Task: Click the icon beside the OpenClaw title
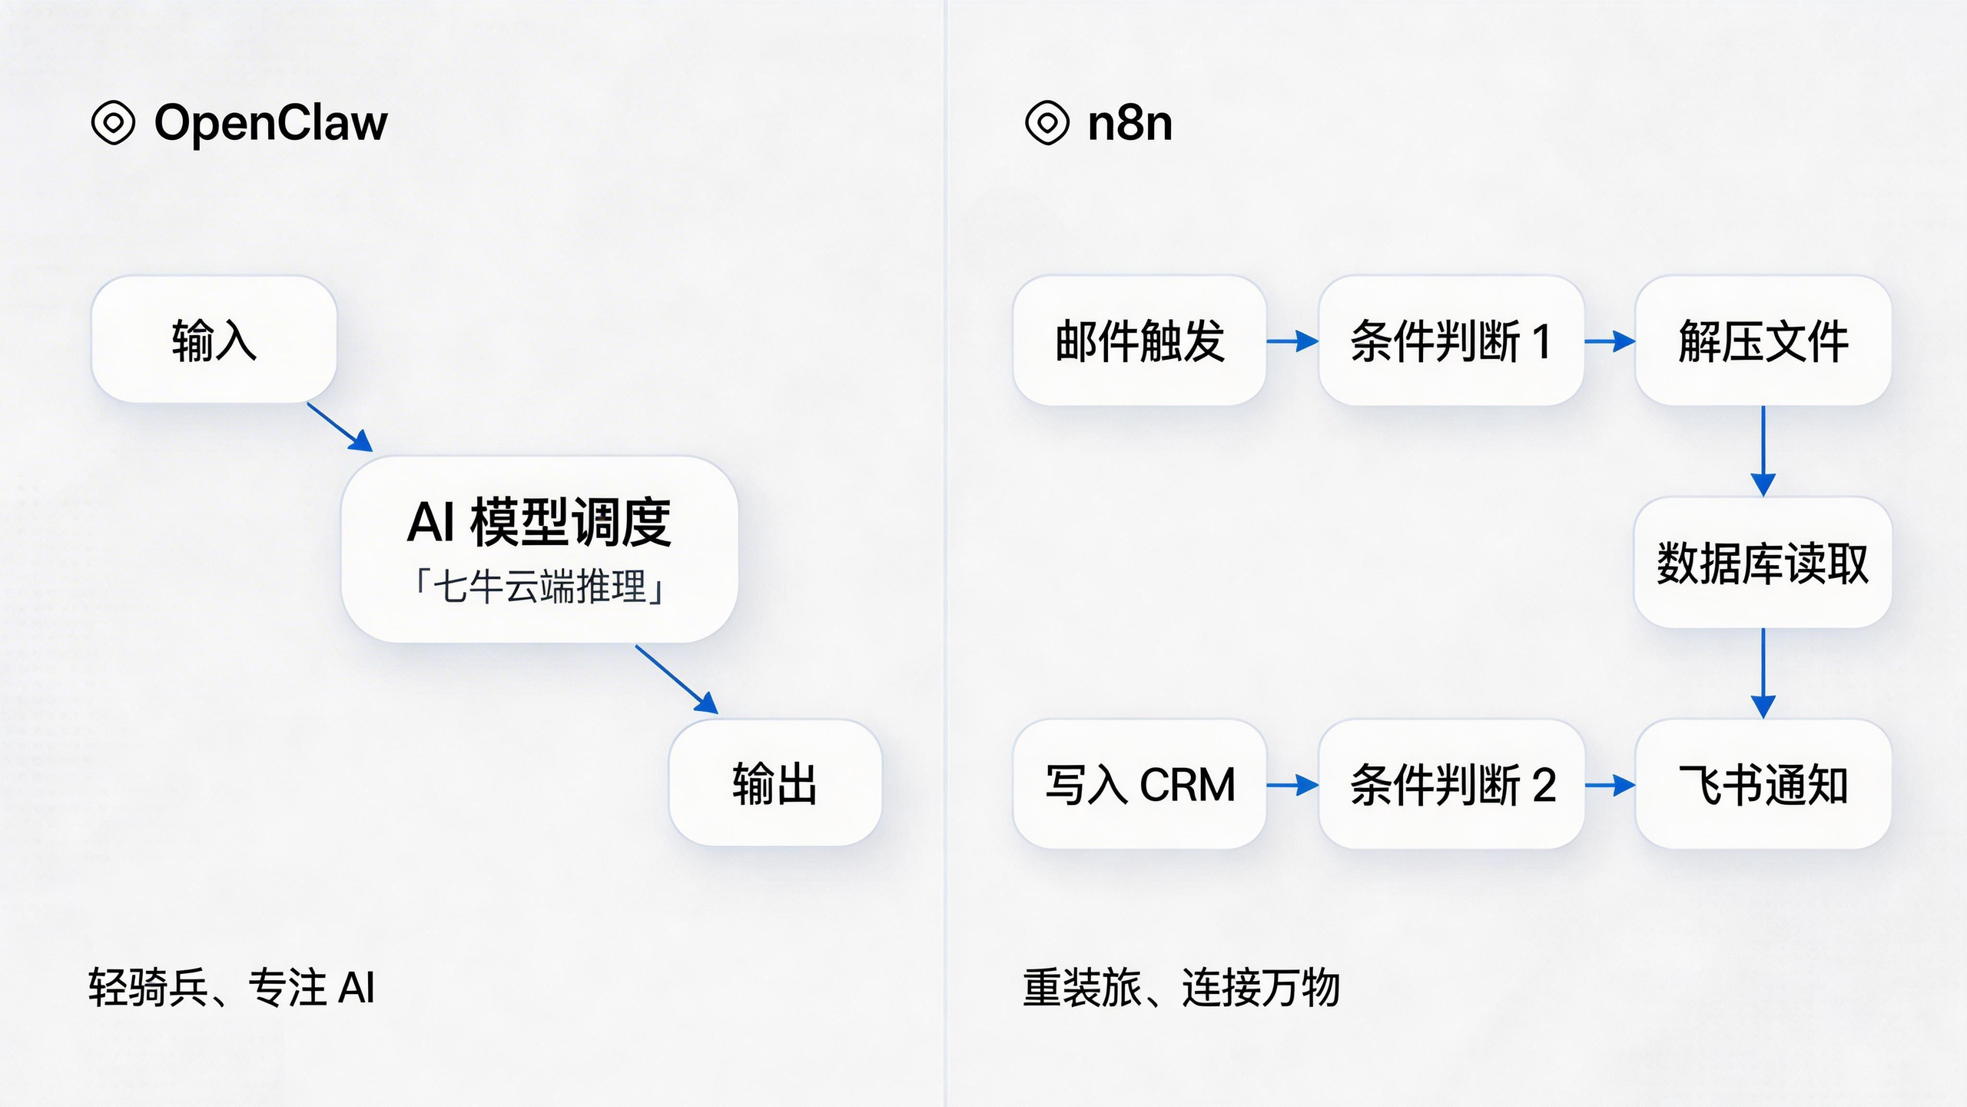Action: coord(113,123)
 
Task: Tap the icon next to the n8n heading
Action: coord(1047,123)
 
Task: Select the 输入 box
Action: coord(214,340)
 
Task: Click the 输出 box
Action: coord(775,783)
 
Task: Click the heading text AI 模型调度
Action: coord(539,523)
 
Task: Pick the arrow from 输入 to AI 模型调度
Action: coord(340,427)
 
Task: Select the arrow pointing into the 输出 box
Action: coord(676,680)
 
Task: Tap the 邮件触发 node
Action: coord(1139,341)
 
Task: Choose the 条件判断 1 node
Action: coord(1451,341)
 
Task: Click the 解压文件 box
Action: coord(1763,341)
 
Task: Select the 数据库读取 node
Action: coord(1763,563)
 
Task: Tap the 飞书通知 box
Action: coord(1763,785)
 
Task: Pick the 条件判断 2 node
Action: coord(1451,785)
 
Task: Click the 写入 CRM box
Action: coord(1139,785)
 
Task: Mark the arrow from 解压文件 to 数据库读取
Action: coord(1763,451)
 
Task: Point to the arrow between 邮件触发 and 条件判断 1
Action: coord(1292,341)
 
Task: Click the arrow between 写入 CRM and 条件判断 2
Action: coord(1292,785)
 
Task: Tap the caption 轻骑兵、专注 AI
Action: coord(231,988)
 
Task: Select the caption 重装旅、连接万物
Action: coord(1181,988)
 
